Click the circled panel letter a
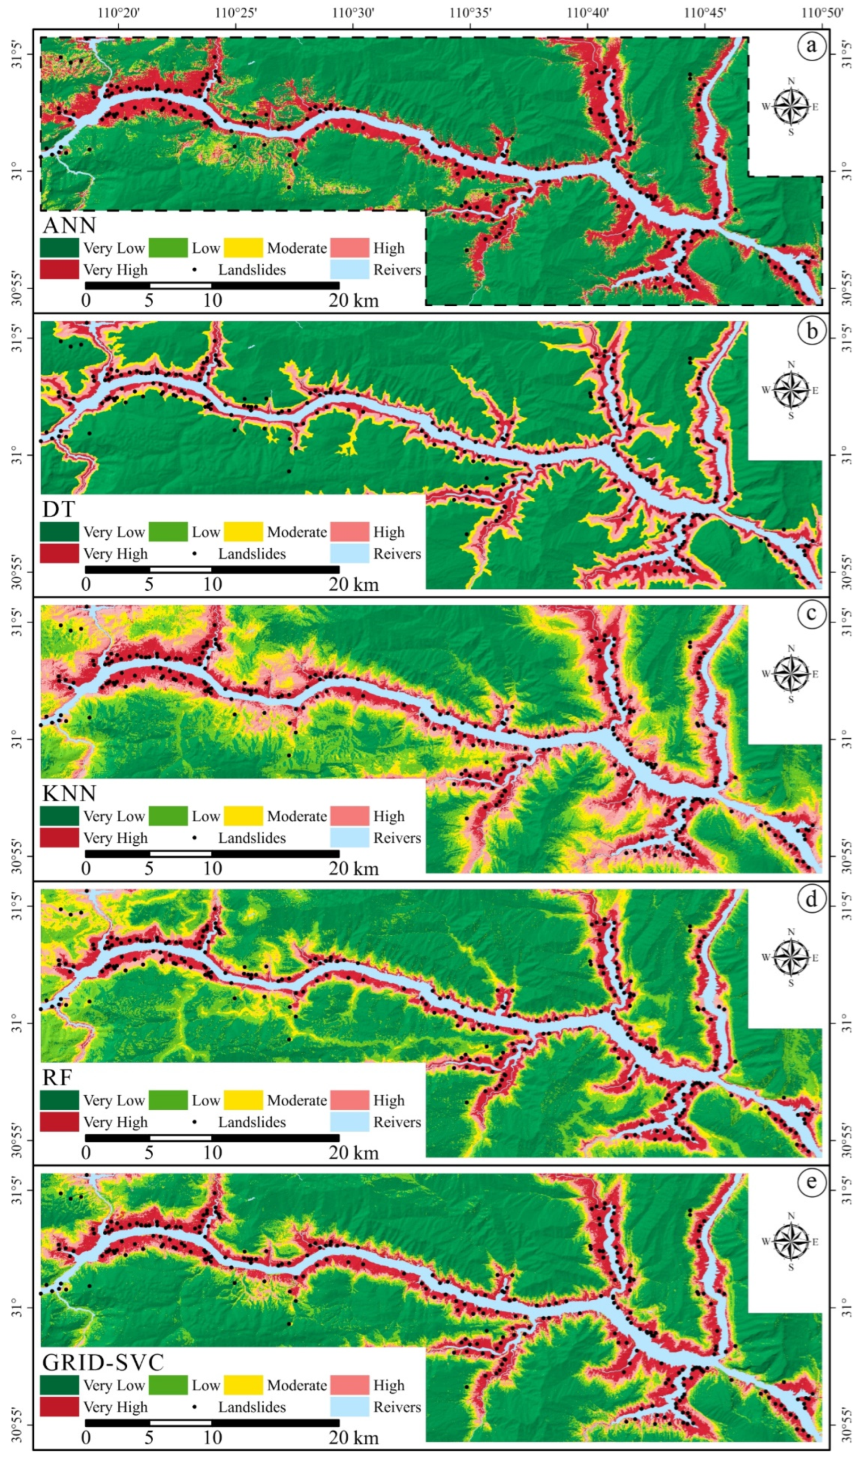(811, 45)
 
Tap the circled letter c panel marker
(811, 613)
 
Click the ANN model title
(69, 225)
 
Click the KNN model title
(69, 793)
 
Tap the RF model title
(57, 1077)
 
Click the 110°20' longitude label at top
(119, 13)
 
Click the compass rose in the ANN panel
(791, 107)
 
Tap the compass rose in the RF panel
(791, 958)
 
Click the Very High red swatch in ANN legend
(59, 270)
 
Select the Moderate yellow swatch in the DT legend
(243, 531)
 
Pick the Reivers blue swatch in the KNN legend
(349, 837)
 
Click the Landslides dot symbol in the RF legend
(194, 1122)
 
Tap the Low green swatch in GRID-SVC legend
(168, 1385)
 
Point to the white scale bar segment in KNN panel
(180, 853)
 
